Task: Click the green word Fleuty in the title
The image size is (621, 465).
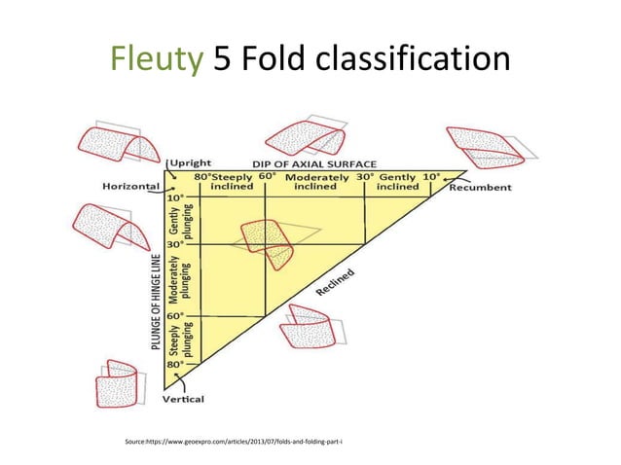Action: pyautogui.click(x=157, y=58)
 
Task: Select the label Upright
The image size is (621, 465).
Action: pyautogui.click(x=193, y=163)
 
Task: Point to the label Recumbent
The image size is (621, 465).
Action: pyautogui.click(x=480, y=188)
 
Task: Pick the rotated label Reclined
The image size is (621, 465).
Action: pyautogui.click(x=335, y=281)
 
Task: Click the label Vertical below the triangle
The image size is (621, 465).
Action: pyautogui.click(x=183, y=399)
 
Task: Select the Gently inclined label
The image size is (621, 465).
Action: pyautogui.click(x=399, y=182)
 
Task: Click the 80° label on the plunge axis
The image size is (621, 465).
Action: pyautogui.click(x=175, y=365)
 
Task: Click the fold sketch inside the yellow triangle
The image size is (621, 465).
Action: pyautogui.click(x=269, y=241)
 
